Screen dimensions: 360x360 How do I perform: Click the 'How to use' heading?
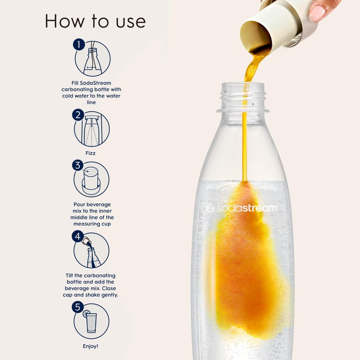point(95,21)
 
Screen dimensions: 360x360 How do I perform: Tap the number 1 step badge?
point(79,45)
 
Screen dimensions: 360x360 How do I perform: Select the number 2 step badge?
point(78,115)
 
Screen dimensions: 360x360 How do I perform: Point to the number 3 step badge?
point(78,166)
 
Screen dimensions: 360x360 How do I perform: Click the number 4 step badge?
point(78,236)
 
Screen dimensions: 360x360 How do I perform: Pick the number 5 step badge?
point(78,307)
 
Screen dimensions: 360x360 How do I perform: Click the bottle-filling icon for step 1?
point(93,59)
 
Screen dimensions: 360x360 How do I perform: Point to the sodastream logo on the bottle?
point(242,208)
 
